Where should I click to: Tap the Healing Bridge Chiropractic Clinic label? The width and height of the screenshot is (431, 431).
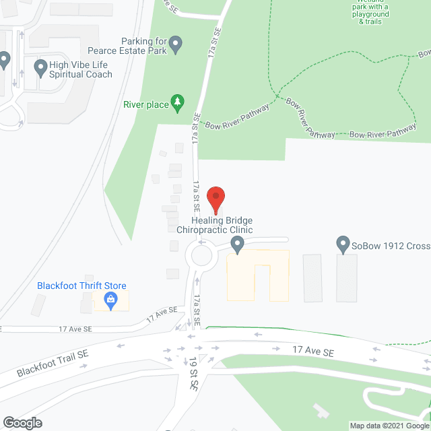point(214,225)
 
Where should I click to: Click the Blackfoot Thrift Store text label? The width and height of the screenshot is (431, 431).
point(81,286)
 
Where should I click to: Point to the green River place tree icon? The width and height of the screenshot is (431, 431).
point(177,102)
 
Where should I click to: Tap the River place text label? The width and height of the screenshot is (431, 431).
point(145,104)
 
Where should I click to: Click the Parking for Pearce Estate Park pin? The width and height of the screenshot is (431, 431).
point(176,45)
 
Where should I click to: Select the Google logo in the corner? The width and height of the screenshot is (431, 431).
point(22,422)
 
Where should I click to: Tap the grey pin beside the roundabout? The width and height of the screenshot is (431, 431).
point(236,244)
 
